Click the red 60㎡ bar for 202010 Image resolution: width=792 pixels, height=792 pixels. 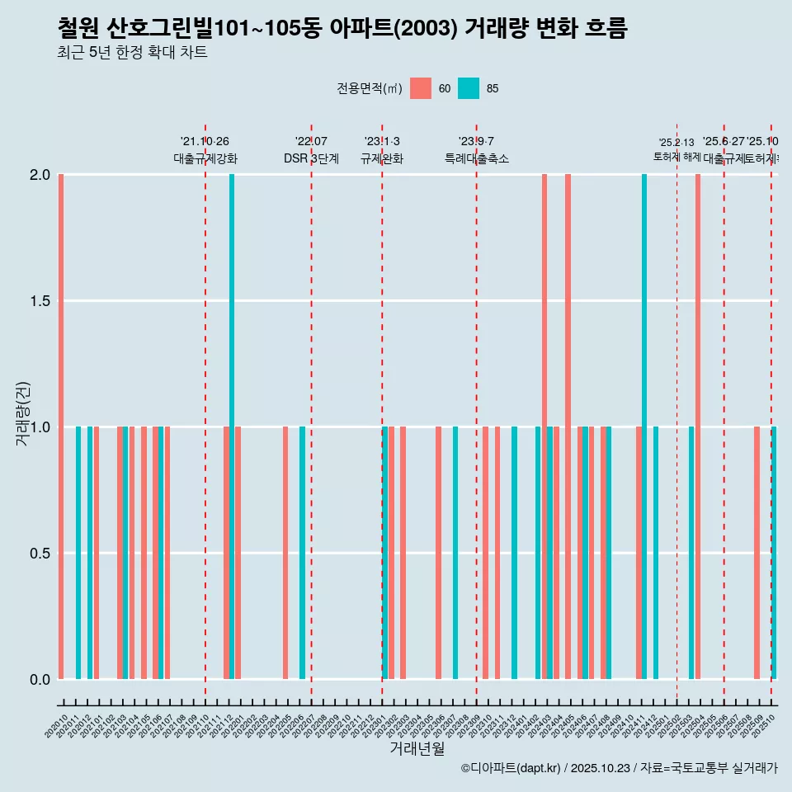coord(61,427)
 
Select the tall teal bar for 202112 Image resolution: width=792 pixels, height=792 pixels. coord(232,427)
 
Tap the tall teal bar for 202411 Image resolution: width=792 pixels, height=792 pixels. coord(644,427)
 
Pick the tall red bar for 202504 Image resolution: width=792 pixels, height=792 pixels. coord(698,427)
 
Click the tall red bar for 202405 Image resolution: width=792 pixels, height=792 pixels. coord(568,427)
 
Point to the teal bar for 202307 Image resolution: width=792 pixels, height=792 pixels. coord(455,553)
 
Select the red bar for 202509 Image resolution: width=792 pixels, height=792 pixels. coord(757,553)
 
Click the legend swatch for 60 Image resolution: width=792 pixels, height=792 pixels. coord(421,88)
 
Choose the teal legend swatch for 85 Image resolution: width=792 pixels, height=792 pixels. coord(469,88)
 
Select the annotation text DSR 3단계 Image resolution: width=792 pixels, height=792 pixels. coord(311,158)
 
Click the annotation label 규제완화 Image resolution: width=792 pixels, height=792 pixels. coord(382,158)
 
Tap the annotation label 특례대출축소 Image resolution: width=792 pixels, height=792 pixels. coord(476,158)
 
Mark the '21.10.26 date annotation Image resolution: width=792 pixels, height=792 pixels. coord(205,141)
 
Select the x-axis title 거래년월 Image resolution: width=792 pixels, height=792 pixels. coord(417,748)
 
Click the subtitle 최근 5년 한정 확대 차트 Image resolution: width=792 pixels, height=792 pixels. coord(132,53)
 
